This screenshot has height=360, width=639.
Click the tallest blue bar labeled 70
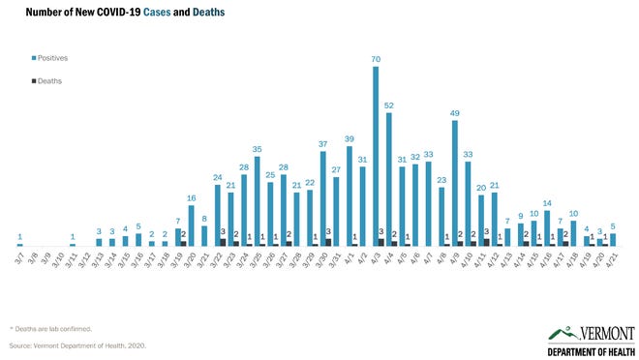tap(376, 155)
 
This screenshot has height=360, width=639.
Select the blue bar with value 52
tap(388, 179)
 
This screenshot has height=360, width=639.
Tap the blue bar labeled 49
tap(454, 182)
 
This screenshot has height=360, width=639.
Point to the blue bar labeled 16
tap(191, 225)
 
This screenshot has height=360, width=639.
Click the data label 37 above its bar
tap(322, 143)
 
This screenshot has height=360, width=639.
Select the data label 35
tap(257, 149)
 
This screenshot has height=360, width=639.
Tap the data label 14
tap(547, 202)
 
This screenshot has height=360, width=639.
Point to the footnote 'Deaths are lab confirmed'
tap(52, 328)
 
